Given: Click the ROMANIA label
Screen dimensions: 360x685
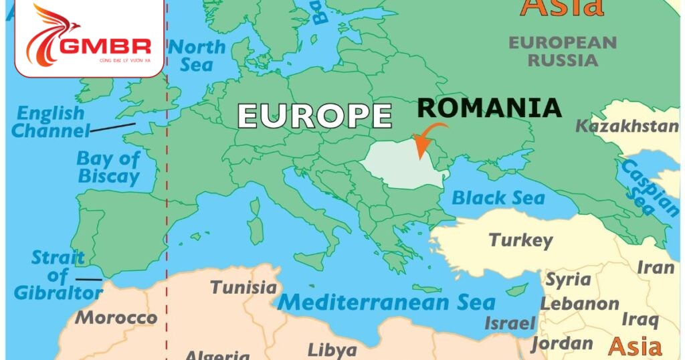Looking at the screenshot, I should click(488, 108).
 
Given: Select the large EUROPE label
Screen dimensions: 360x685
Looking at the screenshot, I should click(315, 115).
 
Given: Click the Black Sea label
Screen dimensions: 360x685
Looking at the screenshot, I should click(498, 198).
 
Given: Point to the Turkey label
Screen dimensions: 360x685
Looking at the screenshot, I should click(521, 240).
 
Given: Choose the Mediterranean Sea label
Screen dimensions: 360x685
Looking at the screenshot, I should click(386, 302).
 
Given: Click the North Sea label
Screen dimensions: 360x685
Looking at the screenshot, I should click(197, 56).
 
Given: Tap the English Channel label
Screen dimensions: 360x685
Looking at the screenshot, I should click(51, 122).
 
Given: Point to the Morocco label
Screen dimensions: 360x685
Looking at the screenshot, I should click(116, 317).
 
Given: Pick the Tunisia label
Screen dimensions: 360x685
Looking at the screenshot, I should click(243, 288).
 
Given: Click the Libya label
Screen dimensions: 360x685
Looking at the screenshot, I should click(332, 350).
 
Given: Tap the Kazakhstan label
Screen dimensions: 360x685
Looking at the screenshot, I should click(627, 126).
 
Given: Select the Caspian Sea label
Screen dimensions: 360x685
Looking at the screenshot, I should click(648, 187).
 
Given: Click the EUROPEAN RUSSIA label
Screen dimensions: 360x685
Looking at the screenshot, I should click(563, 51).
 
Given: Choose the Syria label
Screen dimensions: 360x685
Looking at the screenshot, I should click(568, 279).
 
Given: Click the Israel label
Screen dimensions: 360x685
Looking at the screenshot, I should click(510, 324).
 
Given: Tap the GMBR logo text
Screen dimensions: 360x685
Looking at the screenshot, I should click(105, 46).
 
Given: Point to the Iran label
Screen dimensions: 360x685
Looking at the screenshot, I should click(655, 268).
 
